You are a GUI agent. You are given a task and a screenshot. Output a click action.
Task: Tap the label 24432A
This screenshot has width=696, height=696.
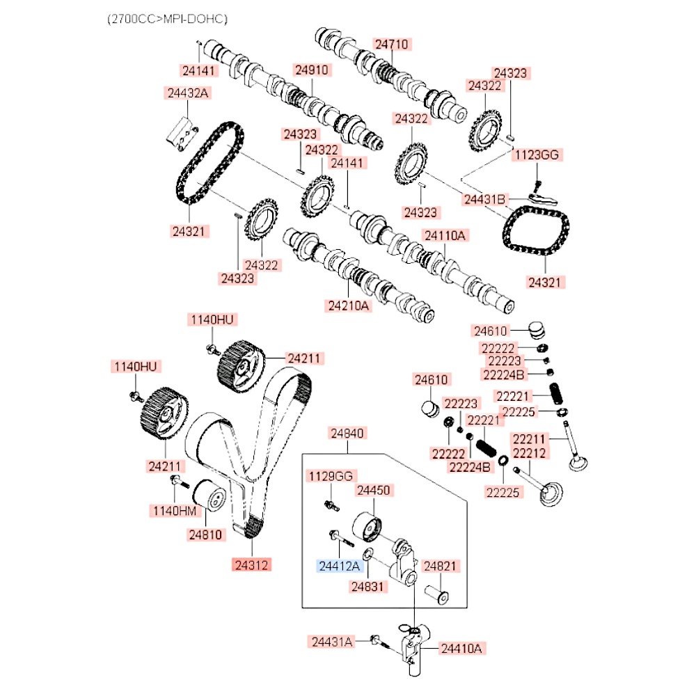click(187, 93)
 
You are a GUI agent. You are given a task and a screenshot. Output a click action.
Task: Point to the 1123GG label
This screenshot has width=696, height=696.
click(537, 155)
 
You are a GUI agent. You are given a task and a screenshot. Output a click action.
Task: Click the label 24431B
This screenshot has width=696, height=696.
click(484, 200)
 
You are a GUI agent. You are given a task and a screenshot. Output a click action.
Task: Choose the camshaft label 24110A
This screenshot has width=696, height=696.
click(445, 235)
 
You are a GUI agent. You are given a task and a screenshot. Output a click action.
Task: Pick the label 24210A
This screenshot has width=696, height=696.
click(347, 304)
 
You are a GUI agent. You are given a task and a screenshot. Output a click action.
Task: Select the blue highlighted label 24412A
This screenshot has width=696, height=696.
click(339, 566)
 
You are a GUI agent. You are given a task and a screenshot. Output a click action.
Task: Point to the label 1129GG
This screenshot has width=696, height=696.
click(332, 476)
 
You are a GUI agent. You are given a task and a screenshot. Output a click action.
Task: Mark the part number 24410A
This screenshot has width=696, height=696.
click(461, 649)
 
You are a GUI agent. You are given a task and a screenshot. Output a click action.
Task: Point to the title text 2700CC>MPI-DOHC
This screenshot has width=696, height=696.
click(166, 18)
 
